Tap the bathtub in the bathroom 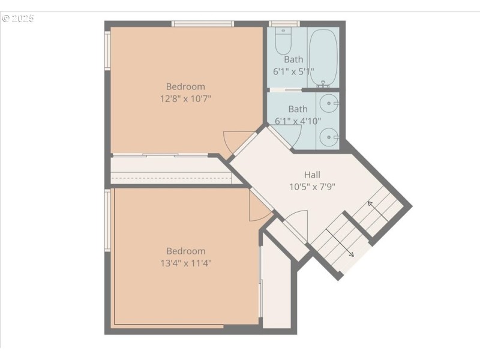point(323,57)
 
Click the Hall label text point(312,175)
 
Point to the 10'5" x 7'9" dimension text point(312,186)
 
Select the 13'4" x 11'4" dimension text point(185,263)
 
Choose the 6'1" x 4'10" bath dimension point(298,121)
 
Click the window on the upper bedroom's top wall point(202,24)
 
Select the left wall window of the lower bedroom point(108,220)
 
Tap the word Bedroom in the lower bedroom point(185,251)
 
